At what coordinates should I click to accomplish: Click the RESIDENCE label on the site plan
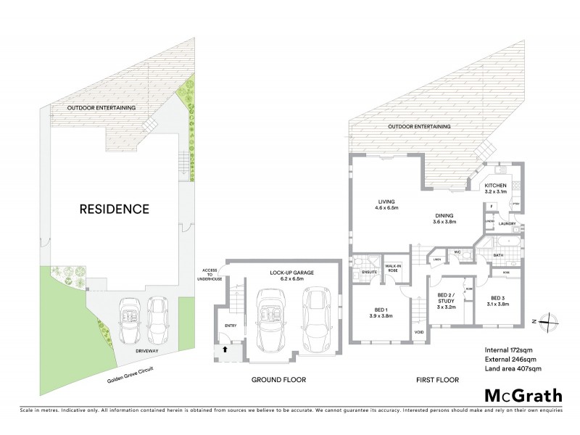(115, 210)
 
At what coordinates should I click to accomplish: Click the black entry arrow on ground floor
(224, 349)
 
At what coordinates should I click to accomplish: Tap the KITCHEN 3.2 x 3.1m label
(501, 188)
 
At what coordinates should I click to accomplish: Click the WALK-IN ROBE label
(394, 269)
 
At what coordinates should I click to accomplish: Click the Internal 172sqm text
(507, 351)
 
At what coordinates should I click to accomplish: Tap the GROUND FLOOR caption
(278, 380)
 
